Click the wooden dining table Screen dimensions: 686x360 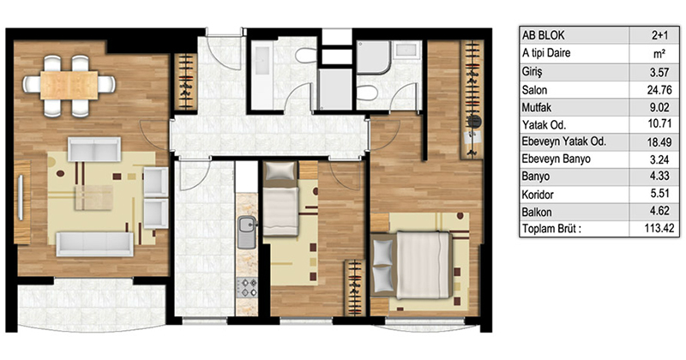pos(69,86)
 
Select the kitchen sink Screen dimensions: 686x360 pos(247,232)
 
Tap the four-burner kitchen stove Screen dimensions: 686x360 pos(247,288)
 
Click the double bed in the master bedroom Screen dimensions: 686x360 pos(412,265)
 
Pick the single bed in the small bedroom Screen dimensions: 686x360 pos(281,199)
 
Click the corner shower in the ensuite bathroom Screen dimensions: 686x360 pos(373,57)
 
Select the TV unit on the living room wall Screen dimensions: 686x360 pos(22,202)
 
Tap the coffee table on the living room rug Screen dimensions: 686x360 pos(93,197)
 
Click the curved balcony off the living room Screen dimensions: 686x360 pos(91,304)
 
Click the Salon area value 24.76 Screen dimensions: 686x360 pos(659,90)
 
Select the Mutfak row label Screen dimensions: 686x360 pos(537,108)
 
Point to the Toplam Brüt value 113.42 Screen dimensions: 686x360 pos(659,228)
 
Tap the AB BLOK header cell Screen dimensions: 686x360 pos(543,35)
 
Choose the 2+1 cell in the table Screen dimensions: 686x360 pos(659,35)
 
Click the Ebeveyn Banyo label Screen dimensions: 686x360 pos(556,159)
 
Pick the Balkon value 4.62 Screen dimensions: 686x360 pos(659,211)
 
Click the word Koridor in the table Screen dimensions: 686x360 pos(538,195)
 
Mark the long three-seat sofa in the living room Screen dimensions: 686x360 pos(95,244)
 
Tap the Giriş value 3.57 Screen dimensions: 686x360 pos(659,72)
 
